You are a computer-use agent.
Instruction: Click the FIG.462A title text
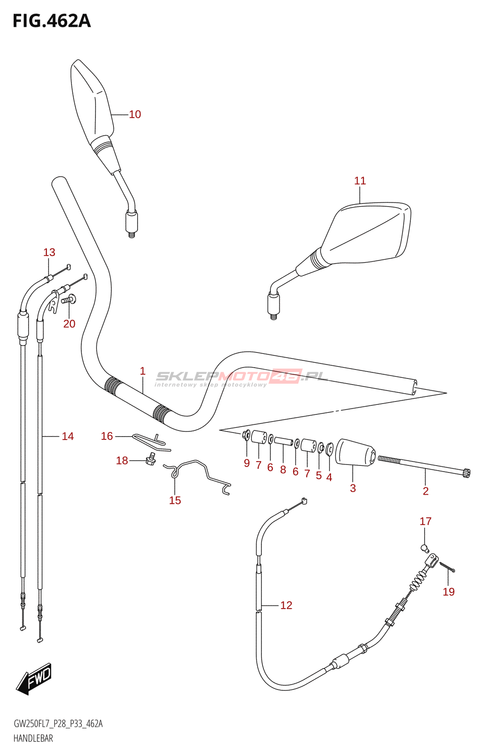coord(52,21)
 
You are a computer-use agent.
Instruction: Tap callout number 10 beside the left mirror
coord(135,114)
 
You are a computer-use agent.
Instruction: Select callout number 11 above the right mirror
coord(360,180)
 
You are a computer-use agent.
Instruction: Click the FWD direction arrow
coord(34,679)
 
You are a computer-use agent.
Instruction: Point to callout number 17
coord(425,521)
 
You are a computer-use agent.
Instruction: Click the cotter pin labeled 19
coord(447,567)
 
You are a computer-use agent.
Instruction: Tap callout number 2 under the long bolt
coord(425,491)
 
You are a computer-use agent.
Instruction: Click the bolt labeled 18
coord(151,459)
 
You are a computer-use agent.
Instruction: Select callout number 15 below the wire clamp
coord(175,500)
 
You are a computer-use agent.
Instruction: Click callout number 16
coord(107,436)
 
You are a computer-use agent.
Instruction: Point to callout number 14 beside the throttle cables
coord(68,437)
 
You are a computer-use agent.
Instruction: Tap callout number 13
coord(49,252)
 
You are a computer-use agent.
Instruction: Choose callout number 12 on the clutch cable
coord(286,605)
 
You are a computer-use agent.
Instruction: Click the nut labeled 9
coord(246,434)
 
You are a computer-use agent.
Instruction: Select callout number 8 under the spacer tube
coord(283,470)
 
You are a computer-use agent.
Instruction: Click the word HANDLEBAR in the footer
coord(33,739)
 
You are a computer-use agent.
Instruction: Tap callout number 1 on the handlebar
coord(142,371)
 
